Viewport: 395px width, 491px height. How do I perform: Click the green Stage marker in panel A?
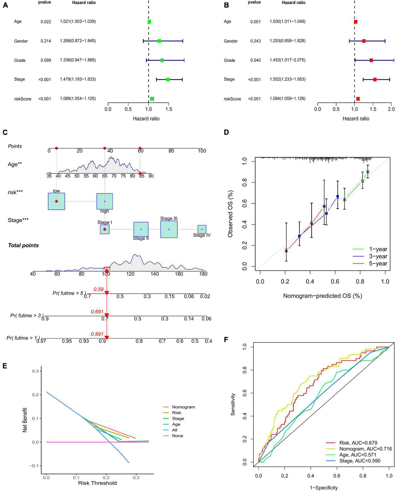coord(168,80)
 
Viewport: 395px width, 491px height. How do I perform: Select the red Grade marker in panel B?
coord(371,60)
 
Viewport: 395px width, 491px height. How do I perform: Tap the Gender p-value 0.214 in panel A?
coord(46,41)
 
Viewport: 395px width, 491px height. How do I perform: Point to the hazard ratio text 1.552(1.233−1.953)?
coord(287,79)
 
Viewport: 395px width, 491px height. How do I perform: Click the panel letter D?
coord(226,132)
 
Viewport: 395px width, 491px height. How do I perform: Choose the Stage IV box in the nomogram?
coord(202,229)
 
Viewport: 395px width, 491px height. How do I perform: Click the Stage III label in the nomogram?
coord(169,219)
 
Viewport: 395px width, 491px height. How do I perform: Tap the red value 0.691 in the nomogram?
coord(97,312)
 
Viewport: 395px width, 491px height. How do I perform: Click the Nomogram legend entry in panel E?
coord(183,407)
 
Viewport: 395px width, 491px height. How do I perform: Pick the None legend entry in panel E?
coord(177,436)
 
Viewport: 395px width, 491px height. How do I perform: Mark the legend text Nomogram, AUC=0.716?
coord(365,449)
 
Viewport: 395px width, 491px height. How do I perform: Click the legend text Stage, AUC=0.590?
coord(360,461)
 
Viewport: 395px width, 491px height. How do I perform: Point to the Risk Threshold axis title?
coord(97,483)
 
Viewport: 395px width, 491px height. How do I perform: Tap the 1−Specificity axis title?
coord(323,488)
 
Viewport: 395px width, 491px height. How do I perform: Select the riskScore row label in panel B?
coord(232,99)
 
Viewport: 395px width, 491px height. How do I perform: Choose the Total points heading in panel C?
coord(23,245)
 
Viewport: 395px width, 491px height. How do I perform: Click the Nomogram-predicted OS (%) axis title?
coord(322,296)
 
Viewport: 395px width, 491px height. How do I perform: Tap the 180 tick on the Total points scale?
coord(203,274)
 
